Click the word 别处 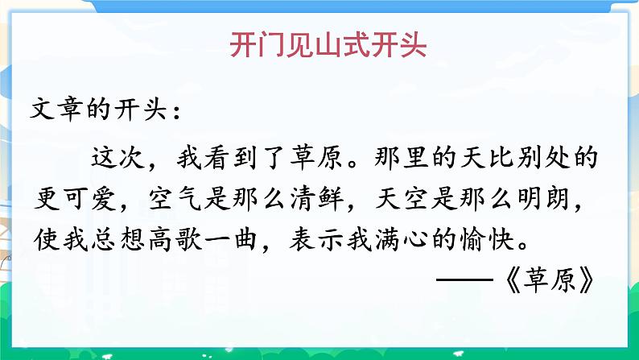tap(542, 157)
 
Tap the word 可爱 tap(97, 197)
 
